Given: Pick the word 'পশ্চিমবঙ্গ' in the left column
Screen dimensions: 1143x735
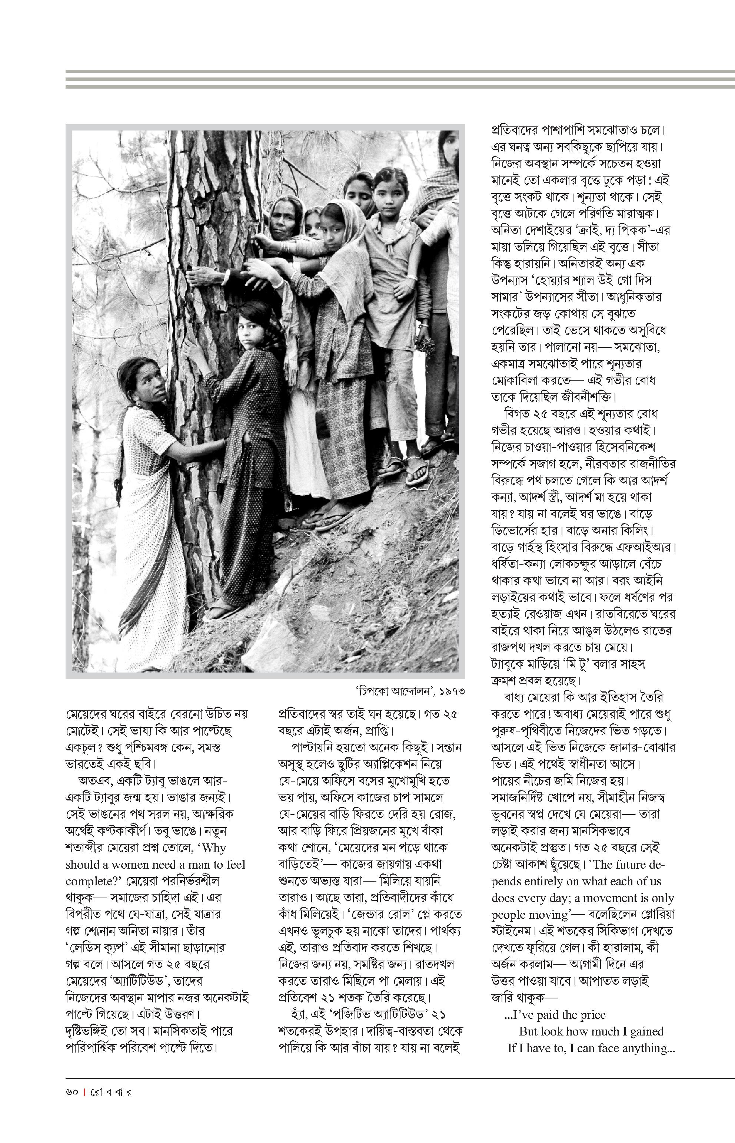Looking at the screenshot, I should click(153, 747).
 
